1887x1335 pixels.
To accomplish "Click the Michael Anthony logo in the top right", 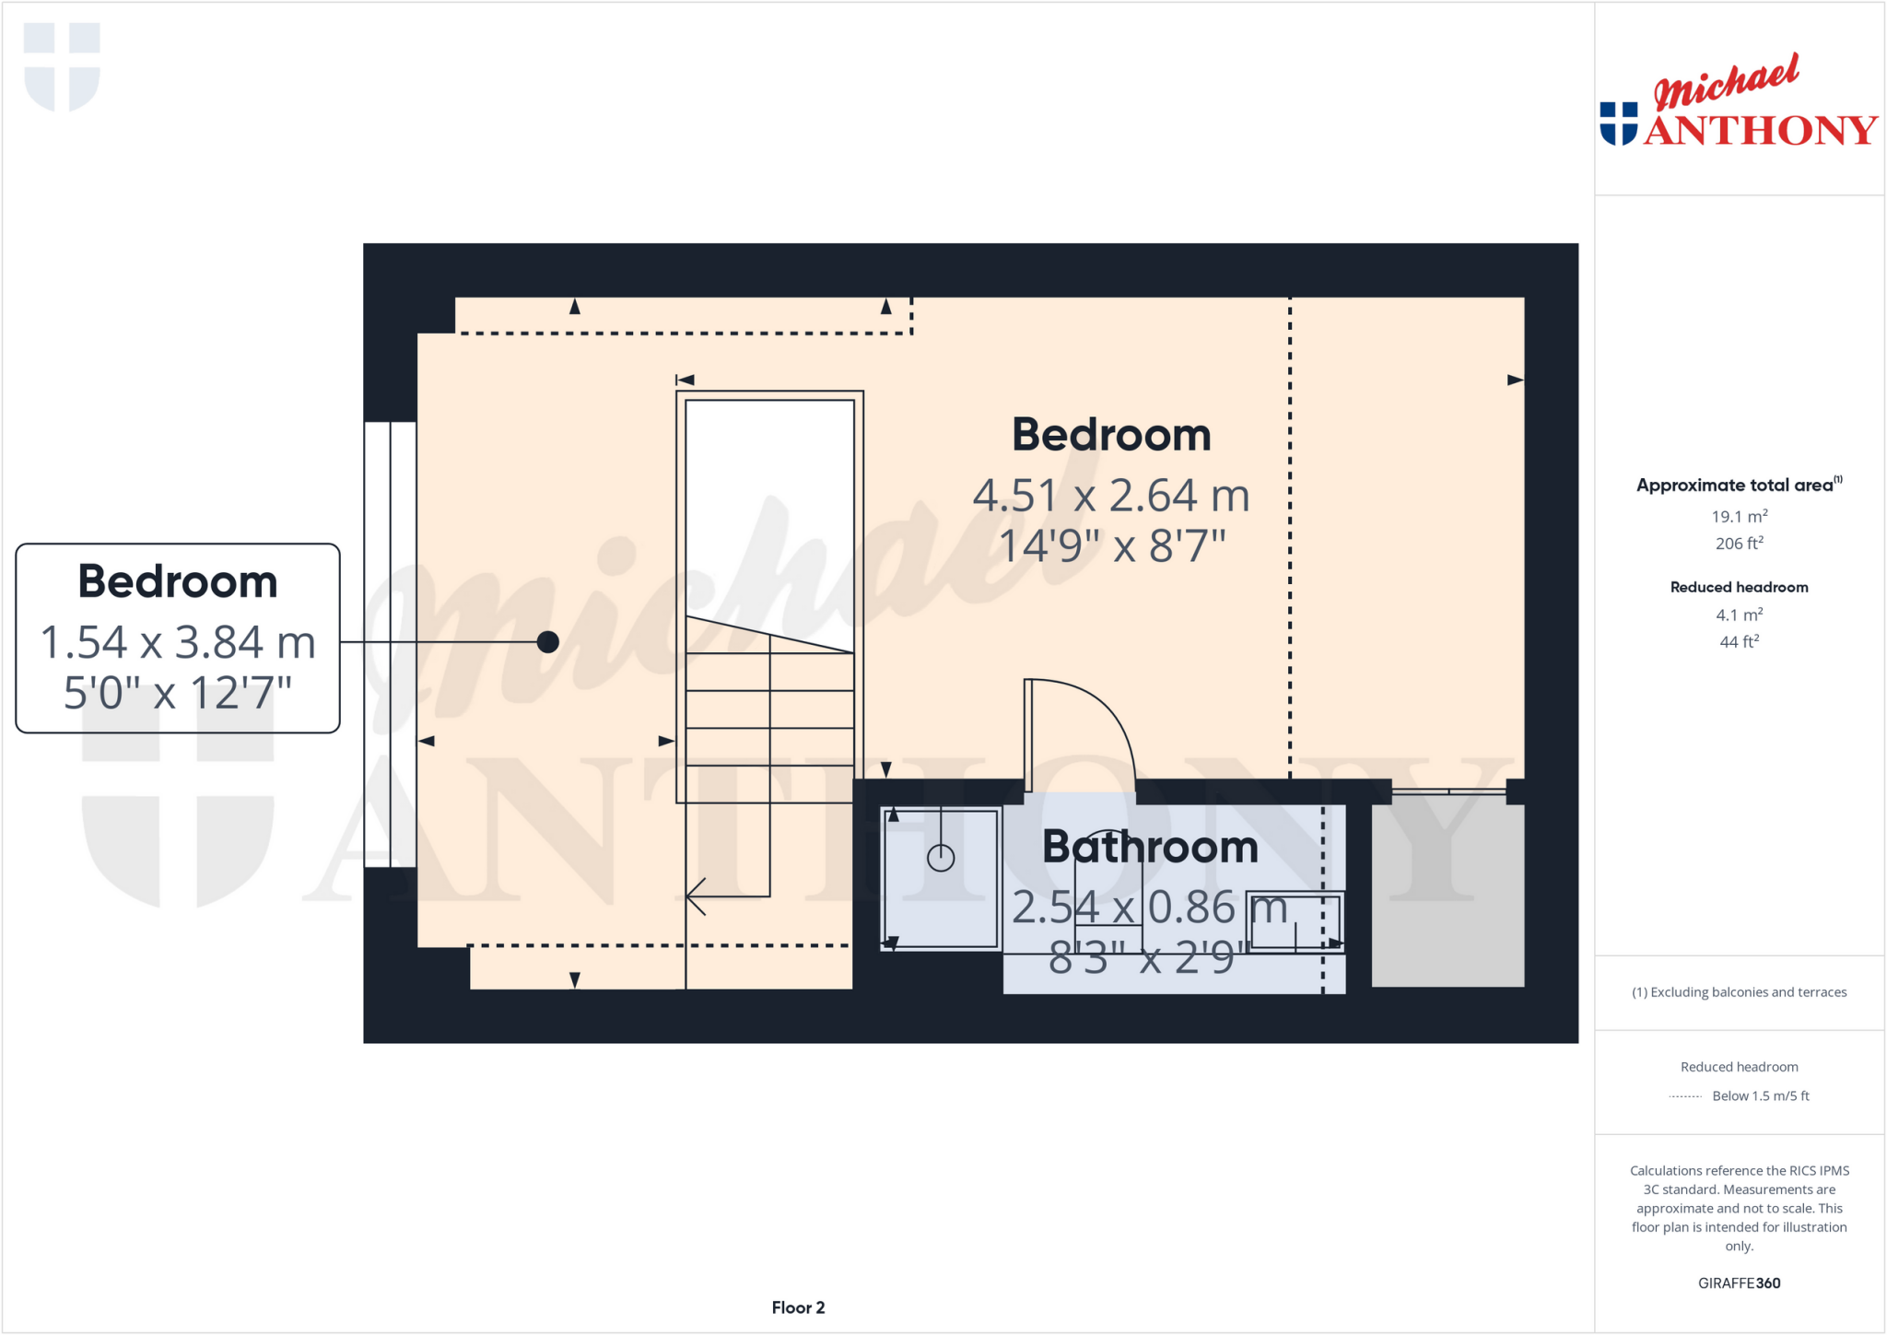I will click(x=1738, y=101).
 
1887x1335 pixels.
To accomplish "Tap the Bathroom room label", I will click(x=1149, y=847).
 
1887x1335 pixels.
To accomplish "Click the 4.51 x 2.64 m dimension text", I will click(x=1111, y=496).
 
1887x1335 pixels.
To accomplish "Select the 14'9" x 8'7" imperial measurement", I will click(x=1111, y=545).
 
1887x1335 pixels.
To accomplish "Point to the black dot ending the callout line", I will click(x=548, y=642).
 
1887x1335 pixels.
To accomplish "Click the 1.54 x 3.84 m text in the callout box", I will click(x=178, y=642).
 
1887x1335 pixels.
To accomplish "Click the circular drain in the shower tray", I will click(x=941, y=858).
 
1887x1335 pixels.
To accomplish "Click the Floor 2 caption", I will click(x=798, y=1307).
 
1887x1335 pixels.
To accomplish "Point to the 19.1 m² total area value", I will click(x=1739, y=516).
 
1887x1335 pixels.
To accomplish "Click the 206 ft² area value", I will click(x=1739, y=544).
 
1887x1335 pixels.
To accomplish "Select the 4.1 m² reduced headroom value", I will click(x=1739, y=615).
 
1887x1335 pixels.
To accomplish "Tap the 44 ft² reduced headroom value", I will click(x=1739, y=642).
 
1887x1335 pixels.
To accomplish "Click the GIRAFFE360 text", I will click(x=1739, y=1282).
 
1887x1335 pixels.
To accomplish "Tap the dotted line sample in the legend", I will click(x=1685, y=1096).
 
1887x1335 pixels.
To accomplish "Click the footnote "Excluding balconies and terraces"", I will click(x=1739, y=992).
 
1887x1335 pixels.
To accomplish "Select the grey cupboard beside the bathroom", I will click(x=1447, y=891).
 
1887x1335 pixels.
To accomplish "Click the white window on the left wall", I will click(x=391, y=644).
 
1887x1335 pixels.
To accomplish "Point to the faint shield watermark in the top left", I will click(x=62, y=66).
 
